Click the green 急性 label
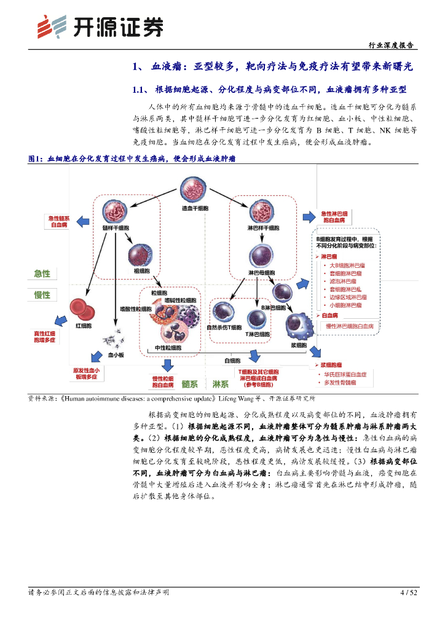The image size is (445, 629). (42, 273)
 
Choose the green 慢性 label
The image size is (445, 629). (42, 294)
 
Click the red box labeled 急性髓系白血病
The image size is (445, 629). (60, 222)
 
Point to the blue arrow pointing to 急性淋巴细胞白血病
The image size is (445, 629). (308, 216)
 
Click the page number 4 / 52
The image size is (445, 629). (408, 592)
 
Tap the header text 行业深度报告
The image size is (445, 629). (390, 45)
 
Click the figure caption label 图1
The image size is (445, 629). (36, 158)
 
